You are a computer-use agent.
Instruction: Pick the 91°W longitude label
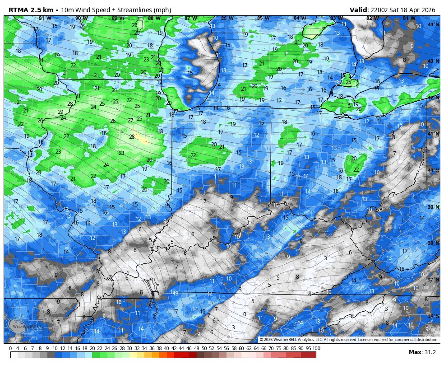coord(44,18)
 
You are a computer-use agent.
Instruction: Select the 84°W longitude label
coord(298,18)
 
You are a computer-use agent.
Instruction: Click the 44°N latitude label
coord(433,24)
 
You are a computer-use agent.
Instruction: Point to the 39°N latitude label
coord(433,207)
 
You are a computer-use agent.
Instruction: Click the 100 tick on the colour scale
coord(316,348)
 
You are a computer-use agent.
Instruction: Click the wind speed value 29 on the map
coord(60,112)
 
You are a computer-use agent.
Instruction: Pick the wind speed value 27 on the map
coord(130,121)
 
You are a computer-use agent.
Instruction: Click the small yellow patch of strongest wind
coord(142,139)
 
